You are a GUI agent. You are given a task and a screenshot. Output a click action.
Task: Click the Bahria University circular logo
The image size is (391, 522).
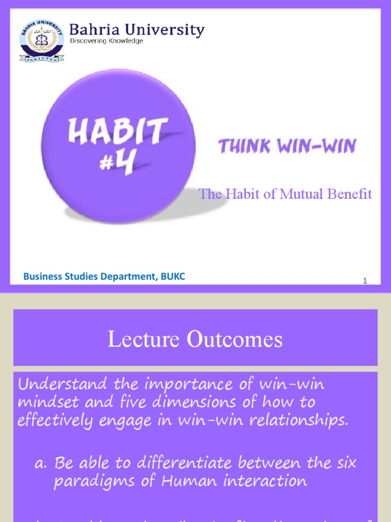(42, 41)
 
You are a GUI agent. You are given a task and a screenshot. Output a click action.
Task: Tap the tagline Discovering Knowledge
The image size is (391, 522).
(106, 41)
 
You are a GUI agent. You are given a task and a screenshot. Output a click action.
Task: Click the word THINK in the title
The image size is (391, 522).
(241, 147)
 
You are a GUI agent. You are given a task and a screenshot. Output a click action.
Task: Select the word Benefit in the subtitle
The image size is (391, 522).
(351, 194)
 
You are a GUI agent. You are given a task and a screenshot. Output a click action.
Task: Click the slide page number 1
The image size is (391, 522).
(365, 281)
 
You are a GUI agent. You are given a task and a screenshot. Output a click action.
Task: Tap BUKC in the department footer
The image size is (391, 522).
(174, 277)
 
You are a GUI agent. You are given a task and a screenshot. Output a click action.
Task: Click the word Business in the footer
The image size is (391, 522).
(40, 277)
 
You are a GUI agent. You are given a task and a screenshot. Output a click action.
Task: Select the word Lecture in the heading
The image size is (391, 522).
(145, 340)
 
